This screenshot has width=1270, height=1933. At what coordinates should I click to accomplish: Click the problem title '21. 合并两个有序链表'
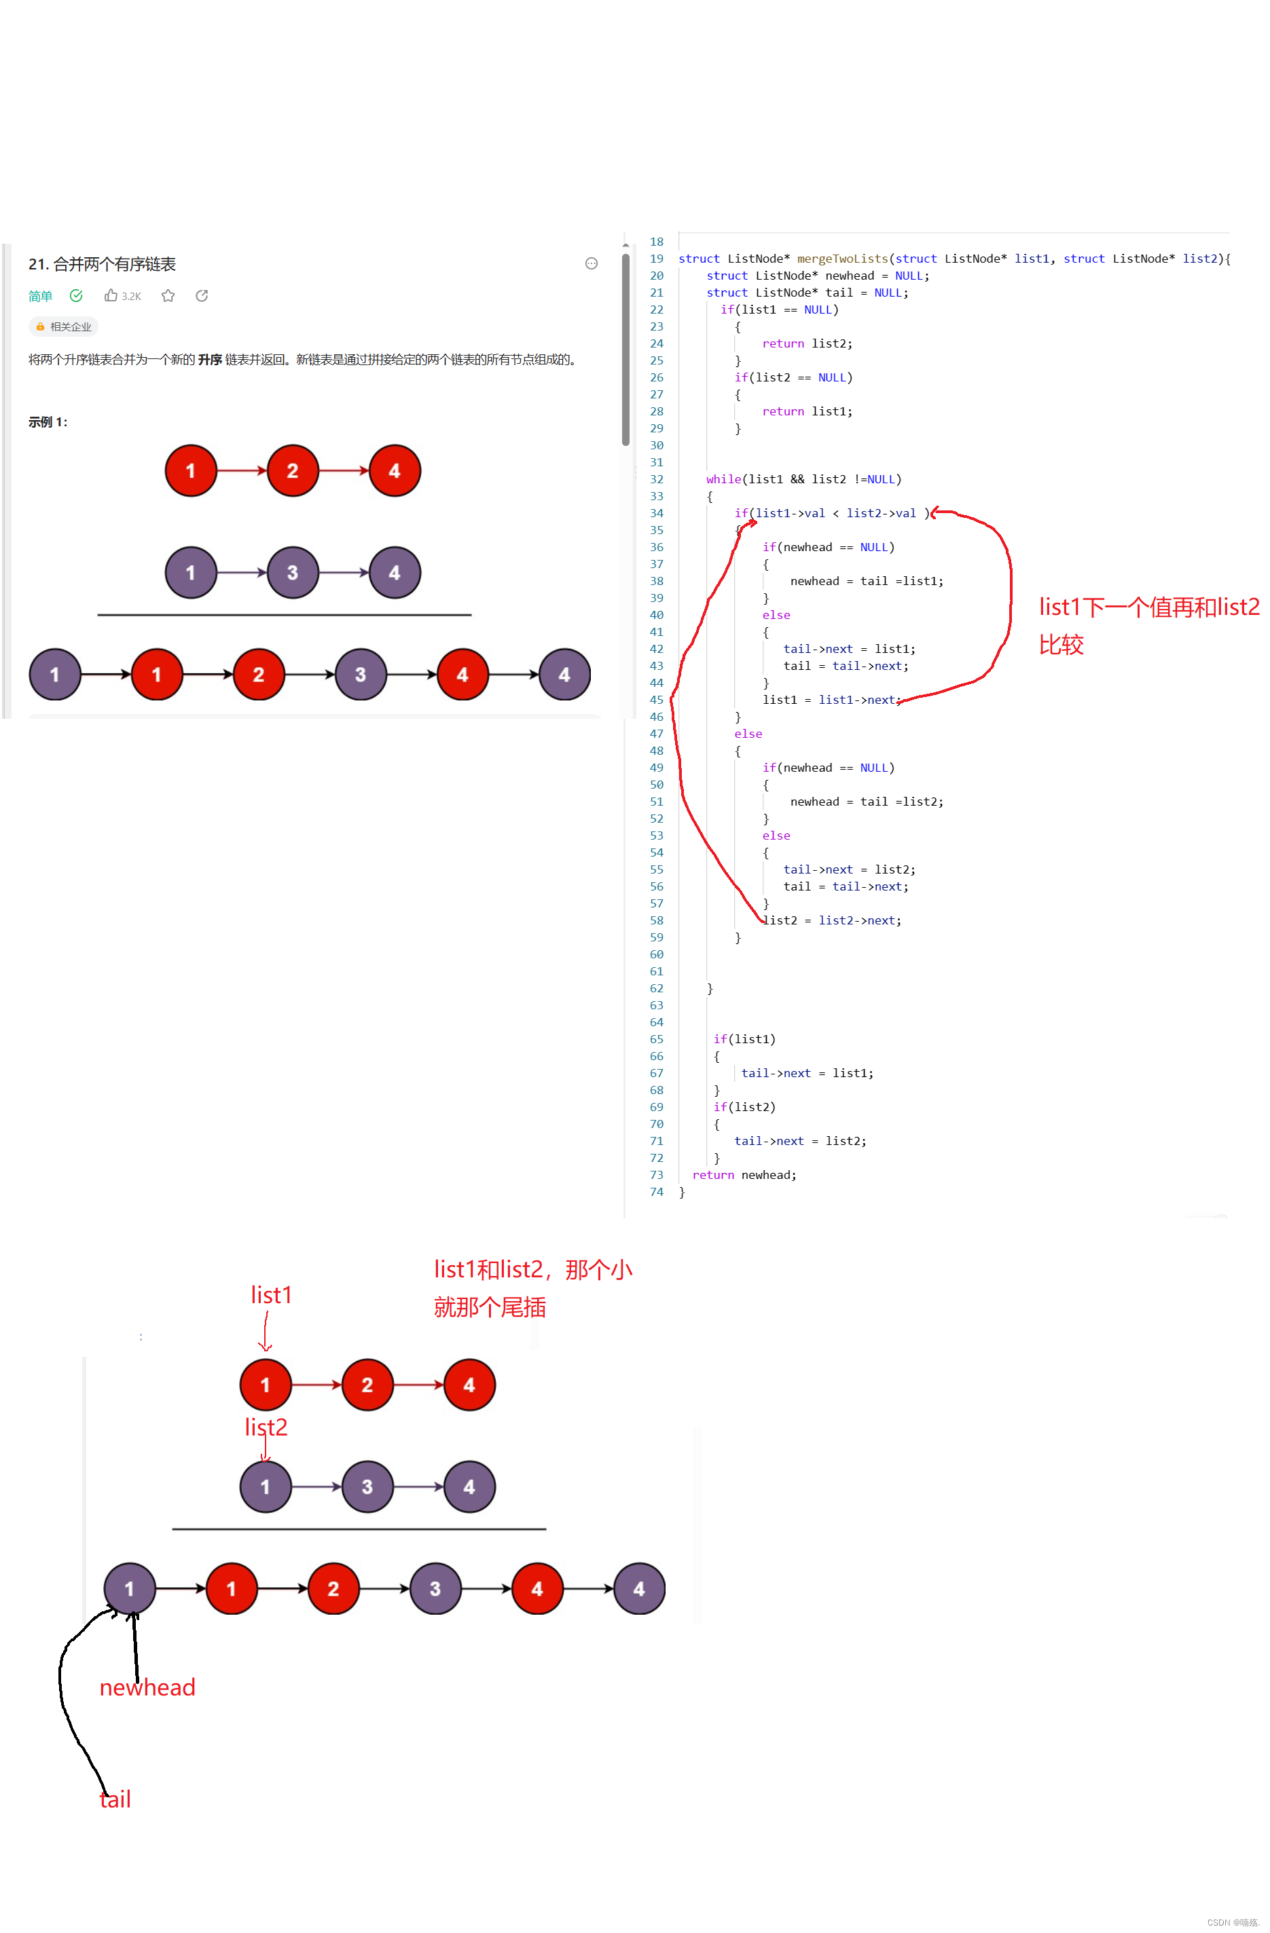[102, 264]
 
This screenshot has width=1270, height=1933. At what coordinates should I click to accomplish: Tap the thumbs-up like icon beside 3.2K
[111, 296]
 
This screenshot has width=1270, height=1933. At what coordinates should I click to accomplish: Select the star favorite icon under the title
[168, 296]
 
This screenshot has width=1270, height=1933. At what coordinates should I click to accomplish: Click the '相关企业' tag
[65, 326]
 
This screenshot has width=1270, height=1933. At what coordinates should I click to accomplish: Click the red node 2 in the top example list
[293, 470]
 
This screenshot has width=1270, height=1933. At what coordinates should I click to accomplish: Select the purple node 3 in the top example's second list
[293, 573]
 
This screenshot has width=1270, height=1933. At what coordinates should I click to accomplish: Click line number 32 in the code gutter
[657, 479]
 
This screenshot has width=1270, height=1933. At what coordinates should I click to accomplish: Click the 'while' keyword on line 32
[723, 479]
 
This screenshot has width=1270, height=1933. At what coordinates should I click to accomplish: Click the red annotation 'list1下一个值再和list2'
[1148, 607]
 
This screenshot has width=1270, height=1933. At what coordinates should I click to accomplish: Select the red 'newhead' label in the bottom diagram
[147, 1687]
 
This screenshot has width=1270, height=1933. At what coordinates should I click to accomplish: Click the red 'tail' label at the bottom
[115, 1799]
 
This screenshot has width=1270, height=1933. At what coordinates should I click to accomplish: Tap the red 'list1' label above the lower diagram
[270, 1294]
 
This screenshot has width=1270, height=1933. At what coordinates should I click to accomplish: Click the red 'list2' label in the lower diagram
[266, 1427]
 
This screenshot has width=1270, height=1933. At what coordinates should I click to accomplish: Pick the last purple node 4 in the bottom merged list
[638, 1589]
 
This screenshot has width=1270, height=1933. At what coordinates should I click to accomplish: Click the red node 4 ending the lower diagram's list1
[469, 1385]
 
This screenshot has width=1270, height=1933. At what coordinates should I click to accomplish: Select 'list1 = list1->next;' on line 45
[831, 699]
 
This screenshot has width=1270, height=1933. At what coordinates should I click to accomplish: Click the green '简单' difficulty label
[40, 296]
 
